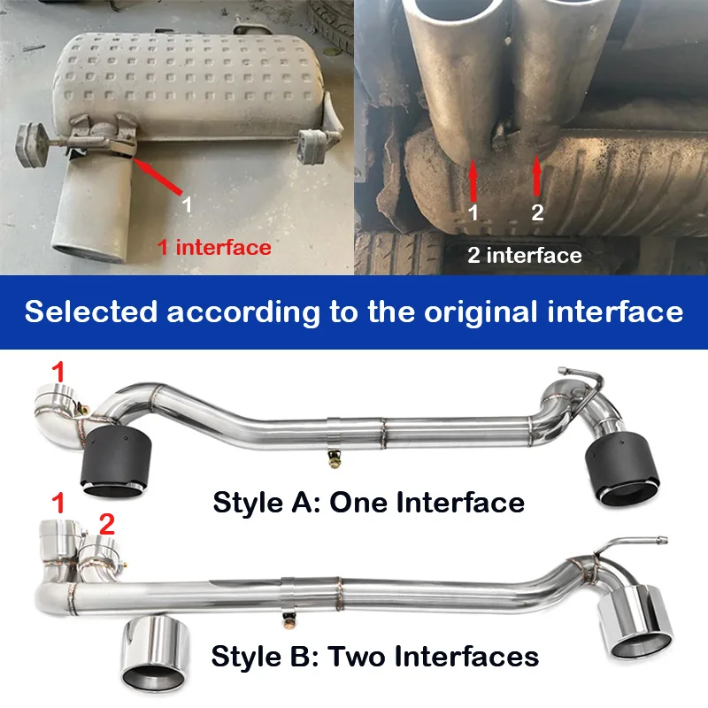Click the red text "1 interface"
214,248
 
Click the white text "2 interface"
524,255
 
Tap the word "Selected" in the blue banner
91,312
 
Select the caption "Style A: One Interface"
368,502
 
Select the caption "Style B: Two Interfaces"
374,656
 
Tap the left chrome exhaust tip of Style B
154,653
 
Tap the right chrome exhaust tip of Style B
635,620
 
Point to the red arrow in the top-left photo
158,176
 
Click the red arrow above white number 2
536,175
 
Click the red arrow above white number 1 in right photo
473,181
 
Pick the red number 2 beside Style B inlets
106,524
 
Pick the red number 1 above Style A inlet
58,372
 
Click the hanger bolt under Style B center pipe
289,622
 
